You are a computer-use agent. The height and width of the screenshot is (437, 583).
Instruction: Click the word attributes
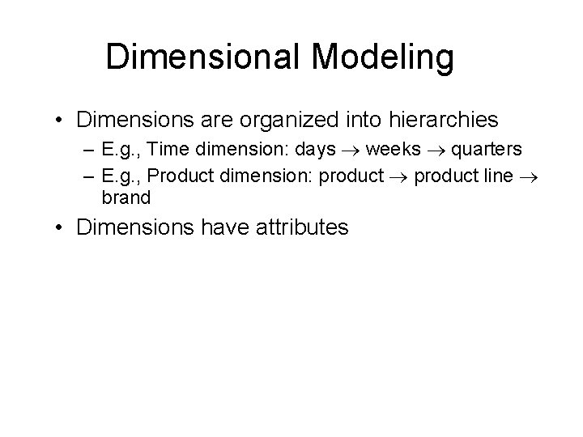pos(291,227)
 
